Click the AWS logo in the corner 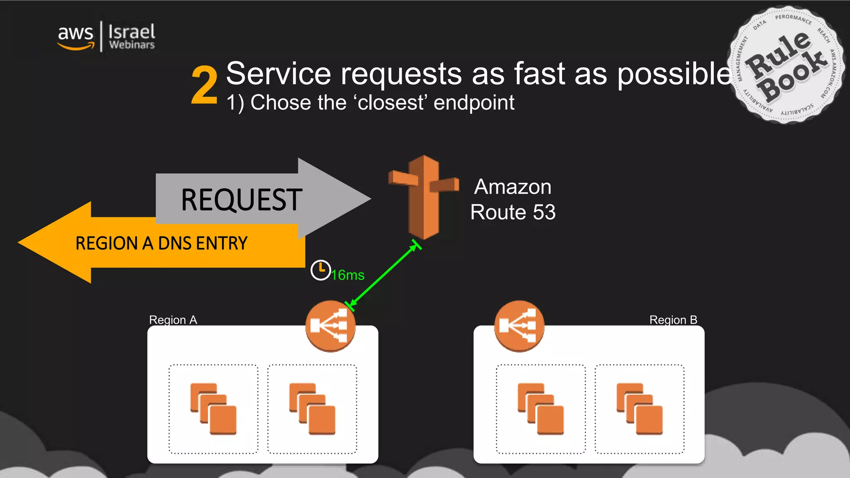76,37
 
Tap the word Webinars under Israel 132,45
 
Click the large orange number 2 204,85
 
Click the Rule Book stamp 786,65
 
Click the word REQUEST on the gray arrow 242,200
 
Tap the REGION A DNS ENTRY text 161,243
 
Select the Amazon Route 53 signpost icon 423,197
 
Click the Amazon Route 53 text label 513,200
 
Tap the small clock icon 320,271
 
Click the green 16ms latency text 348,275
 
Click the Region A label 173,320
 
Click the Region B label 673,320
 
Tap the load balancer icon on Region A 330,326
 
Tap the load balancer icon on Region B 519,326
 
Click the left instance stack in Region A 213,409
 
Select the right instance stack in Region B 640,409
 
